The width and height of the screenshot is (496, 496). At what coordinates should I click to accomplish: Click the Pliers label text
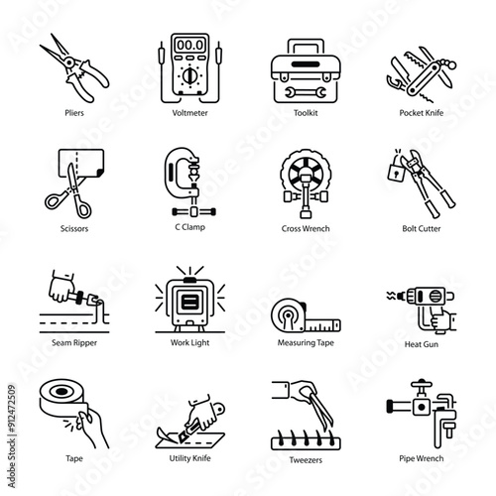pyautogui.click(x=74, y=113)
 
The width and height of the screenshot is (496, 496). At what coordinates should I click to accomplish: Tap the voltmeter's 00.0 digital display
pyautogui.click(x=189, y=45)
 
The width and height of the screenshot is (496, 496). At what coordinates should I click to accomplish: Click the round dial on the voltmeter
pyautogui.click(x=189, y=75)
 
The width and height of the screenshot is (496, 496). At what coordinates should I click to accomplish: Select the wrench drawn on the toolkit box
pyautogui.click(x=306, y=92)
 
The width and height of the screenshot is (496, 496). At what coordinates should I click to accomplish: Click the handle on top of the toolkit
pyautogui.click(x=306, y=46)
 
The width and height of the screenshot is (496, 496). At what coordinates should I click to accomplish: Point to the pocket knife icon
pyautogui.click(x=422, y=73)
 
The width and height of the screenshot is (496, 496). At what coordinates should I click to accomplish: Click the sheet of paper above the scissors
pyautogui.click(x=81, y=164)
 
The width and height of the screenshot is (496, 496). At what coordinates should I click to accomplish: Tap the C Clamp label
pyautogui.click(x=189, y=227)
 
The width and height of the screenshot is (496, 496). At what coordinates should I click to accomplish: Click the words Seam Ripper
pyautogui.click(x=74, y=343)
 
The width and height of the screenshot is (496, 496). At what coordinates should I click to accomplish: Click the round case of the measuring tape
pyautogui.click(x=288, y=315)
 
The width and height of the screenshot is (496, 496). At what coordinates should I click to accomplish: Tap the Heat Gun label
pyautogui.click(x=422, y=344)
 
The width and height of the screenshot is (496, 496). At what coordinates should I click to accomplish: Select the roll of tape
pyautogui.click(x=63, y=399)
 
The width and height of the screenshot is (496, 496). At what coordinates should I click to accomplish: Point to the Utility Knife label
pyautogui.click(x=189, y=458)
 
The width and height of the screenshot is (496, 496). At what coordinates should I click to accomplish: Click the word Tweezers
pyautogui.click(x=306, y=460)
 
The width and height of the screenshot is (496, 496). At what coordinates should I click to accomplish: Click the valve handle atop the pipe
pyautogui.click(x=422, y=385)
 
